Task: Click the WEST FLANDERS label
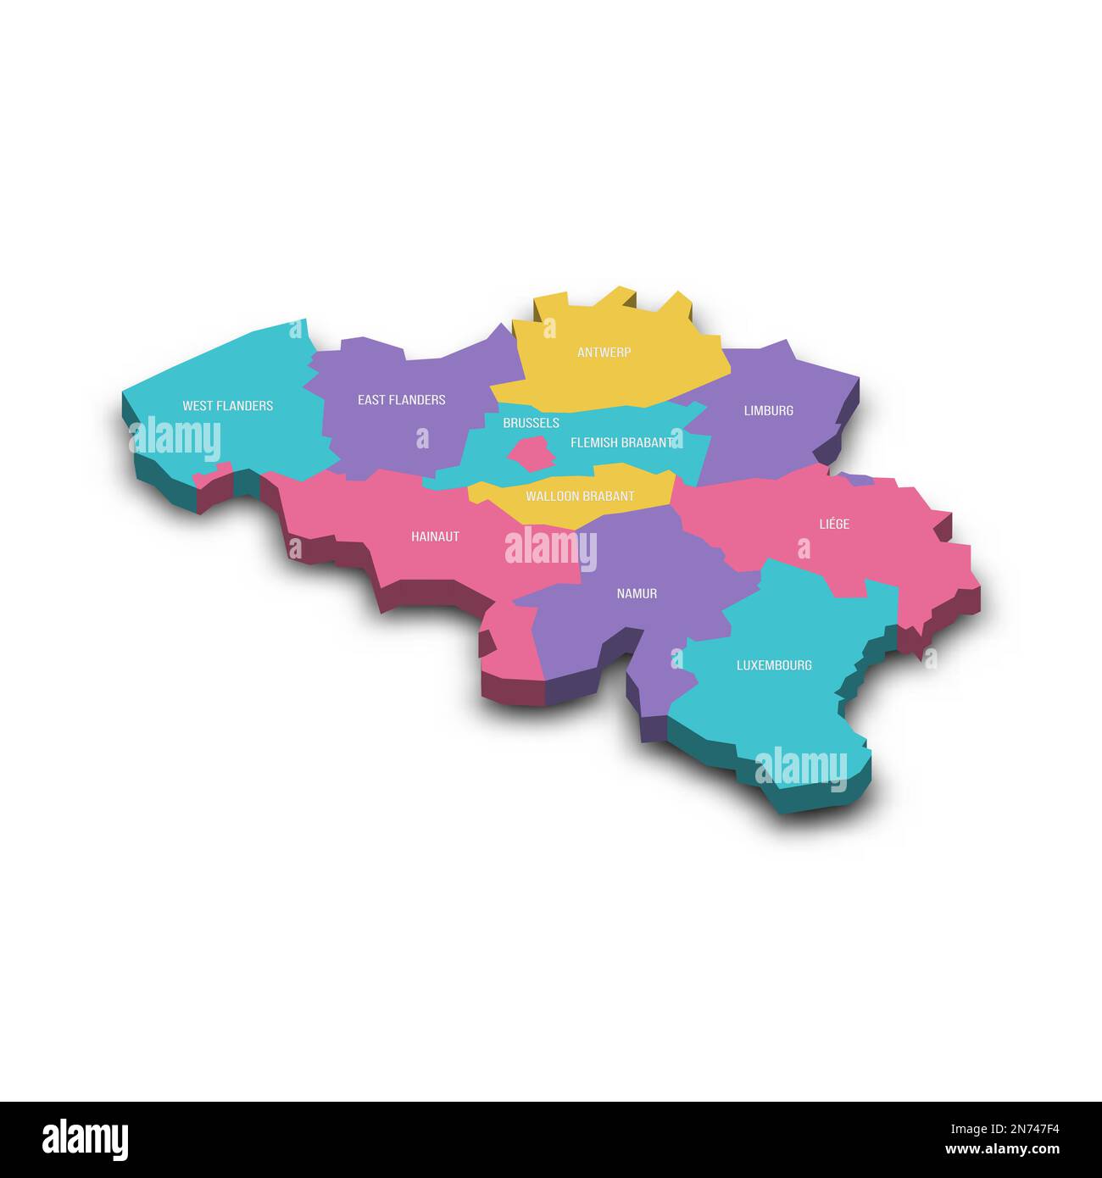pos(227,406)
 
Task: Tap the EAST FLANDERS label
pos(401,400)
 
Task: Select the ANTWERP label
pos(604,353)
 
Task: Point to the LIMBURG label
pos(768,411)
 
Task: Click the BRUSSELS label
pos(531,423)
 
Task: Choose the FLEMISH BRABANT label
pos(622,442)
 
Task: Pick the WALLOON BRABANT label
pos(580,497)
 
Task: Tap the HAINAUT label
pos(435,536)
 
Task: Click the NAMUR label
pos(637,594)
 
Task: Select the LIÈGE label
pos(834,525)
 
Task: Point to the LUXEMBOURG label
pos(774,665)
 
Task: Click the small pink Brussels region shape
pos(532,453)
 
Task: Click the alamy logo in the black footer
pos(85,1139)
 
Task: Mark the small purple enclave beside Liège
pos(858,479)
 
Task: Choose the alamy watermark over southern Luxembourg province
pos(800,768)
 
